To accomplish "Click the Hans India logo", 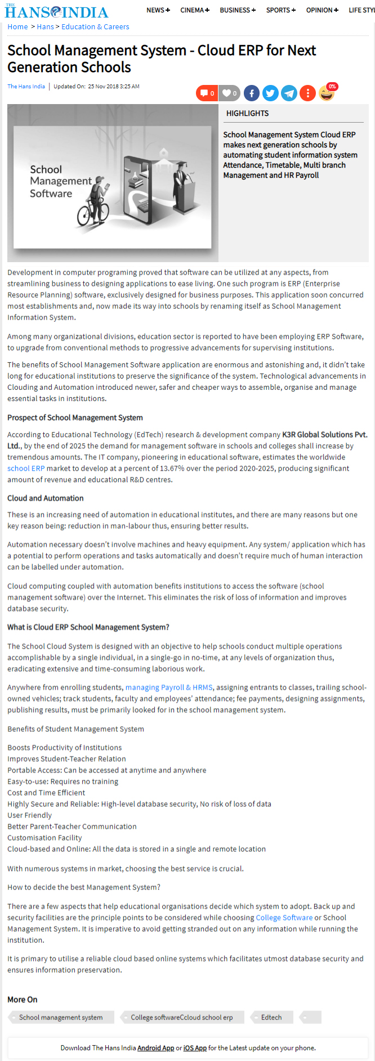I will [x=56, y=11].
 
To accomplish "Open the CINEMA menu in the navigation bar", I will [x=195, y=10].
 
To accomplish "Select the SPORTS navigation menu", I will [x=280, y=10].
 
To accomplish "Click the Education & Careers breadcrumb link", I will [x=95, y=26].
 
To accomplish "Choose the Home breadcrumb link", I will [x=17, y=26].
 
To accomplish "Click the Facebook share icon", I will [x=251, y=93].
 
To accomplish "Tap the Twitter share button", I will [x=270, y=93].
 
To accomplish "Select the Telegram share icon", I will [x=289, y=93].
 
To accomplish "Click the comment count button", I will [x=207, y=93].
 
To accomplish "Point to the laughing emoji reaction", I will [x=327, y=93].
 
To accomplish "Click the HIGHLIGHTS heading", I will [x=247, y=113].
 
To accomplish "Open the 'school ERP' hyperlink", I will [x=26, y=468].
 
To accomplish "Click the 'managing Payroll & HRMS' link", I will [x=169, y=687].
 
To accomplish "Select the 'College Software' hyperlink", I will [x=284, y=918].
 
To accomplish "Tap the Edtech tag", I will [x=271, y=1017].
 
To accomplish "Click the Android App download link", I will [x=155, y=1048].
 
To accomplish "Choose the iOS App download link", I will [x=195, y=1048].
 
